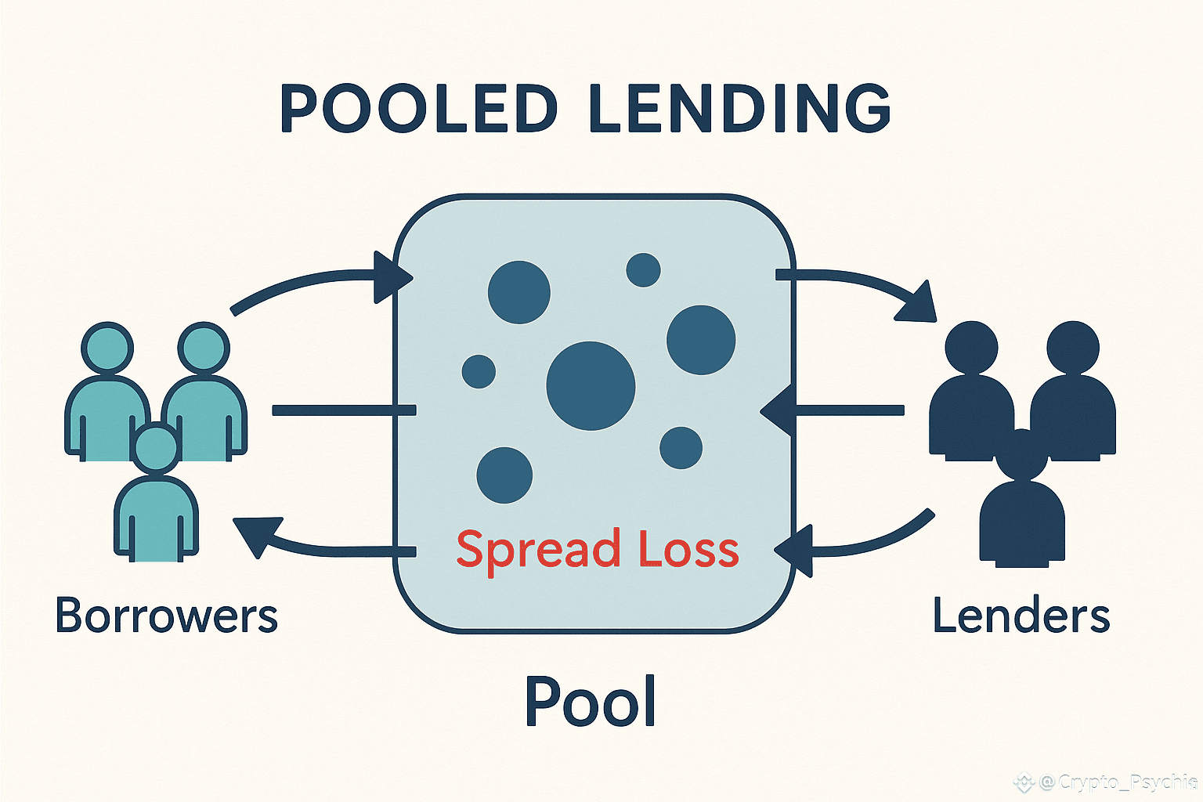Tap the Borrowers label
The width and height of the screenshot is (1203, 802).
click(x=166, y=616)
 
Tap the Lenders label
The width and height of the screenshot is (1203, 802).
click(x=1021, y=616)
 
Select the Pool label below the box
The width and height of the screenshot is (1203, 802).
click(x=590, y=701)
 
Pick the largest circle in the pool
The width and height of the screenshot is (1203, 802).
click(x=591, y=385)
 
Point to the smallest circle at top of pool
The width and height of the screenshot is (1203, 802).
click(x=643, y=270)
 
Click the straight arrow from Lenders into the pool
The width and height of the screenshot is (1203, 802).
click(x=838, y=410)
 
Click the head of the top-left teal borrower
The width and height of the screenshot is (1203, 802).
click(x=107, y=348)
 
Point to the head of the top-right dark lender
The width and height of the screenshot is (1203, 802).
click(x=1073, y=347)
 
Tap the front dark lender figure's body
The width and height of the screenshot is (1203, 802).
click(x=1022, y=521)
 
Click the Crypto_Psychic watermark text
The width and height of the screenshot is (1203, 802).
click(x=1116, y=782)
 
